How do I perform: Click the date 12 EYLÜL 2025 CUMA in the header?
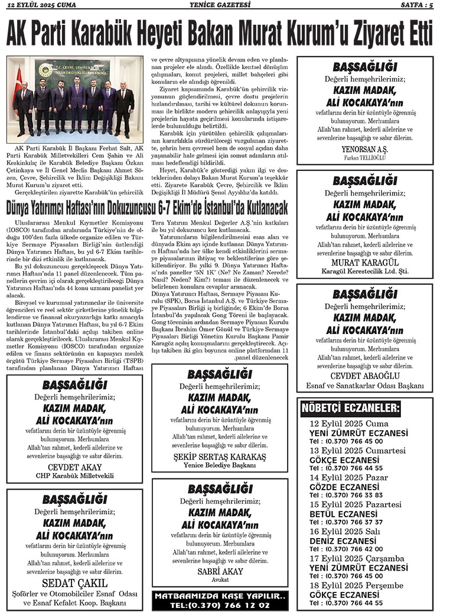tap(43, 5)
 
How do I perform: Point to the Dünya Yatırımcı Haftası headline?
tap(146, 208)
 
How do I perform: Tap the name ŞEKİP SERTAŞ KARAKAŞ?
tap(219, 456)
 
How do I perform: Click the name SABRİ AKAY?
tap(219, 571)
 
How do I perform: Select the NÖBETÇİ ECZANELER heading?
tap(351, 409)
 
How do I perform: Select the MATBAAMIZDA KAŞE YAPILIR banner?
tap(220, 600)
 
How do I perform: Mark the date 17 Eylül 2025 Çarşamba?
tap(357, 559)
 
